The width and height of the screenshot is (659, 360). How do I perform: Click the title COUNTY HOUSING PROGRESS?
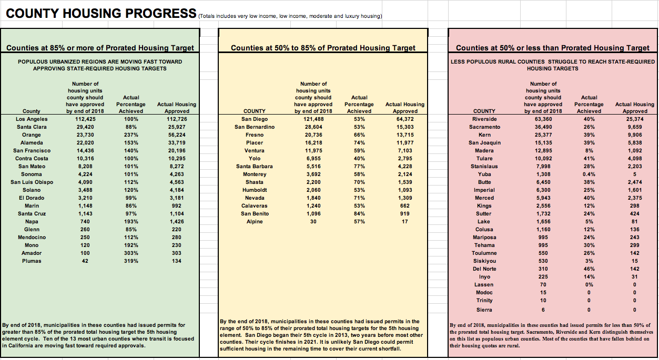click(x=101, y=14)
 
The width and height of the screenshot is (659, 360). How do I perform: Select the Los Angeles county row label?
click(x=32, y=119)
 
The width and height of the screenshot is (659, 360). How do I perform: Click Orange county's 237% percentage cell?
click(x=131, y=135)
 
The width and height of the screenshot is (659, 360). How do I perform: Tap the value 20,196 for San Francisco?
click(x=177, y=151)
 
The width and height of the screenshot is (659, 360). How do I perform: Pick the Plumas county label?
click(x=32, y=261)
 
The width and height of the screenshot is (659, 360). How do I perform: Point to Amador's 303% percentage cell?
click(x=131, y=253)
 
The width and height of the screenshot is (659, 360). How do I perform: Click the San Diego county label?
click(x=255, y=119)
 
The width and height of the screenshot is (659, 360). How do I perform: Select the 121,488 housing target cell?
click(x=313, y=119)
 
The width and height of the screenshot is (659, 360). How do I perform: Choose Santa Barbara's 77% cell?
click(x=359, y=167)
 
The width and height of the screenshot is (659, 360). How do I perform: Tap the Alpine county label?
click(x=255, y=222)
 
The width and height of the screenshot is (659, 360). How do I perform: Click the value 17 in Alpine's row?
click(x=405, y=222)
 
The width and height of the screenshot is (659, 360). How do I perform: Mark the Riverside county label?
click(x=484, y=119)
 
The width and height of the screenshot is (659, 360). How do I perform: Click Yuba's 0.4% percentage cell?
click(x=589, y=174)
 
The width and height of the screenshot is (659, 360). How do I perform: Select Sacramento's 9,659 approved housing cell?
click(x=635, y=127)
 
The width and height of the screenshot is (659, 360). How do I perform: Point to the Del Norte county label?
click(x=484, y=269)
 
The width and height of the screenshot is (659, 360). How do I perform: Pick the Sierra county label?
click(x=484, y=310)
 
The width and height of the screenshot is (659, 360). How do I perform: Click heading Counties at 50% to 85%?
click(x=323, y=48)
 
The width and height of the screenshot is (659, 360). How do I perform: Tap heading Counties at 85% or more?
click(x=100, y=48)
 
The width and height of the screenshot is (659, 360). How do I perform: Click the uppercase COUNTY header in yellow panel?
click(x=255, y=111)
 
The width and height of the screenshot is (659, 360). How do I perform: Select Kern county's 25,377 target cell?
click(x=543, y=135)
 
